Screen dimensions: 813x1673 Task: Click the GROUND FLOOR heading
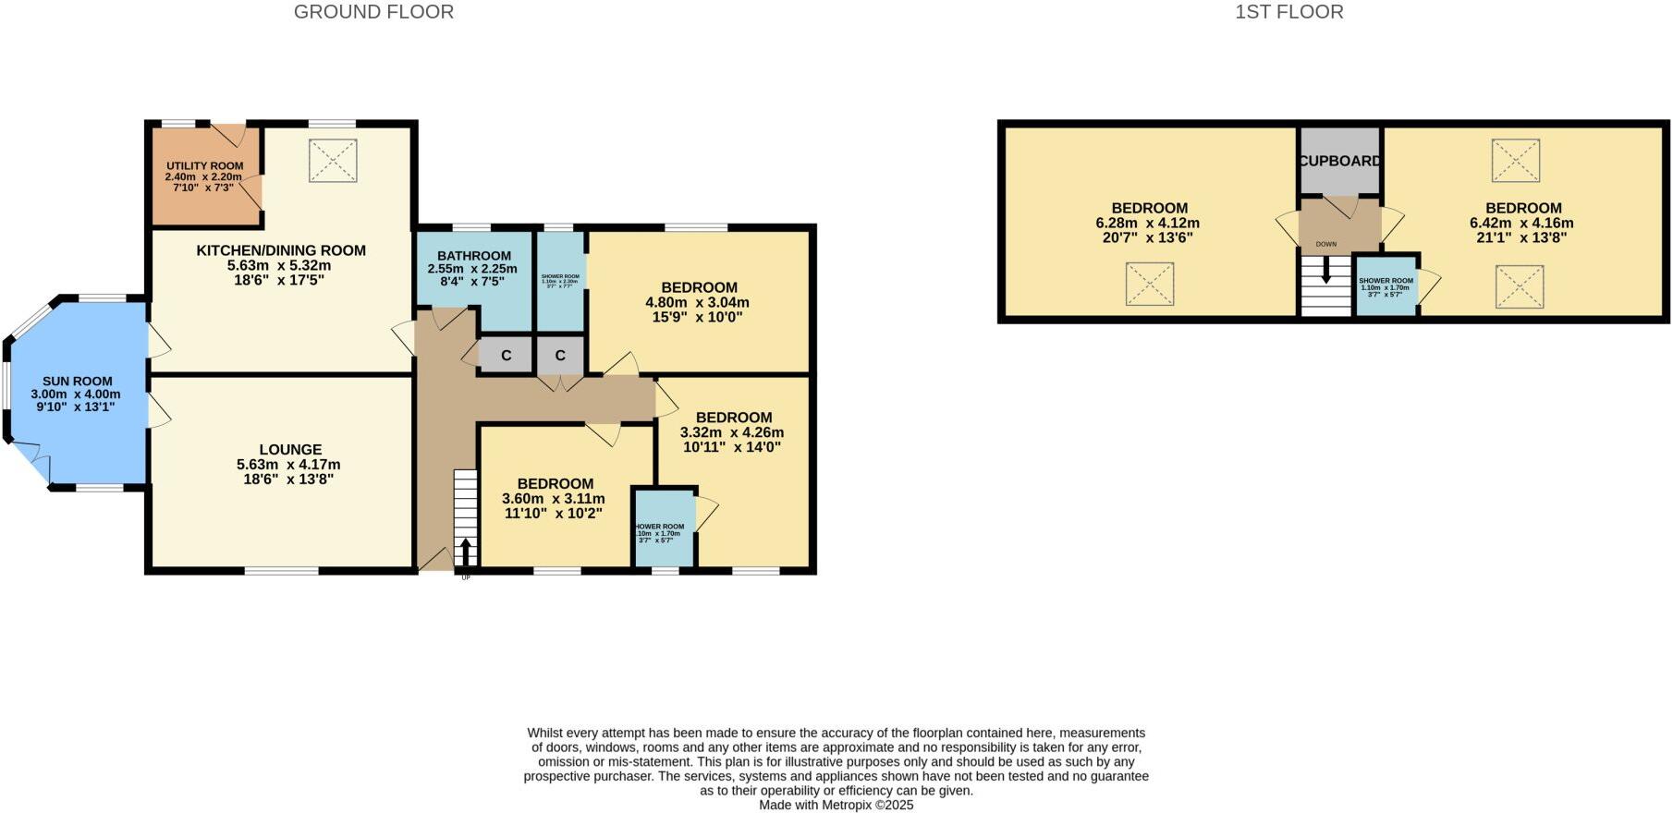[373, 12]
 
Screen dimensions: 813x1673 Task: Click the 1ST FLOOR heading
[1289, 12]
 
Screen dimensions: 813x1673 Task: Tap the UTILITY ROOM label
[204, 166]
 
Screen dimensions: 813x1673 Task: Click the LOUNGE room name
[290, 450]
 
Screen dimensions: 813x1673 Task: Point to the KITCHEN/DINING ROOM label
[281, 250]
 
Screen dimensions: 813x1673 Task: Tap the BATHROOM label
[474, 256]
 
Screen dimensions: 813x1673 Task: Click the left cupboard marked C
[506, 356]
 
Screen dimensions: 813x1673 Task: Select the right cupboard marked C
[560, 356]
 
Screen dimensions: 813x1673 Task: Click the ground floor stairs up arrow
[465, 552]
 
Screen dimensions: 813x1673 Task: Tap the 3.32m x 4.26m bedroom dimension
[731, 432]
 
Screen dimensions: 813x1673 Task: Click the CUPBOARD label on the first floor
[1339, 161]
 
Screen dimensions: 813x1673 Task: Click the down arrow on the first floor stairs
[1326, 269]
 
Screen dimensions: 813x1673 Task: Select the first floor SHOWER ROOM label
[1386, 281]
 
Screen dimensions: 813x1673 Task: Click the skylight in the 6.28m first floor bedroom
[1149, 284]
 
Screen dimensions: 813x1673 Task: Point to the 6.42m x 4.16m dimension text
[1521, 223]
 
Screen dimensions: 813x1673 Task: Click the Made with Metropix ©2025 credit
[836, 805]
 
